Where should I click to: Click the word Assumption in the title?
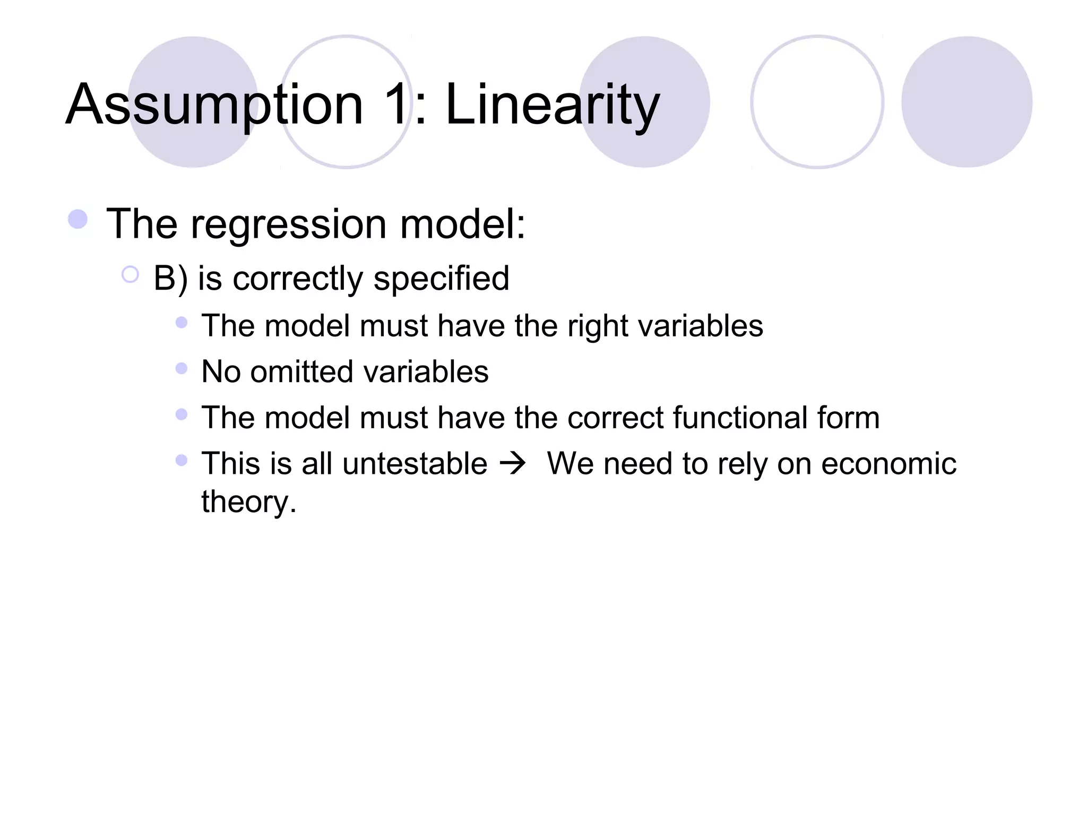click(x=214, y=105)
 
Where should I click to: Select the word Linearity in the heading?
click(x=552, y=105)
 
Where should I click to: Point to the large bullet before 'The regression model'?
click(x=78, y=219)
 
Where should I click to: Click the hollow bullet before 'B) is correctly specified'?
click(x=130, y=275)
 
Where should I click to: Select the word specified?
click(x=441, y=279)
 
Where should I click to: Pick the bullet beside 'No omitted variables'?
click(x=182, y=368)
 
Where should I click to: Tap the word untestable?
click(x=415, y=464)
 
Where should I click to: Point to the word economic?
click(x=888, y=464)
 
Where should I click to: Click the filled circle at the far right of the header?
click(x=967, y=102)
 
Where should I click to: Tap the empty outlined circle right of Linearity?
click(x=817, y=102)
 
